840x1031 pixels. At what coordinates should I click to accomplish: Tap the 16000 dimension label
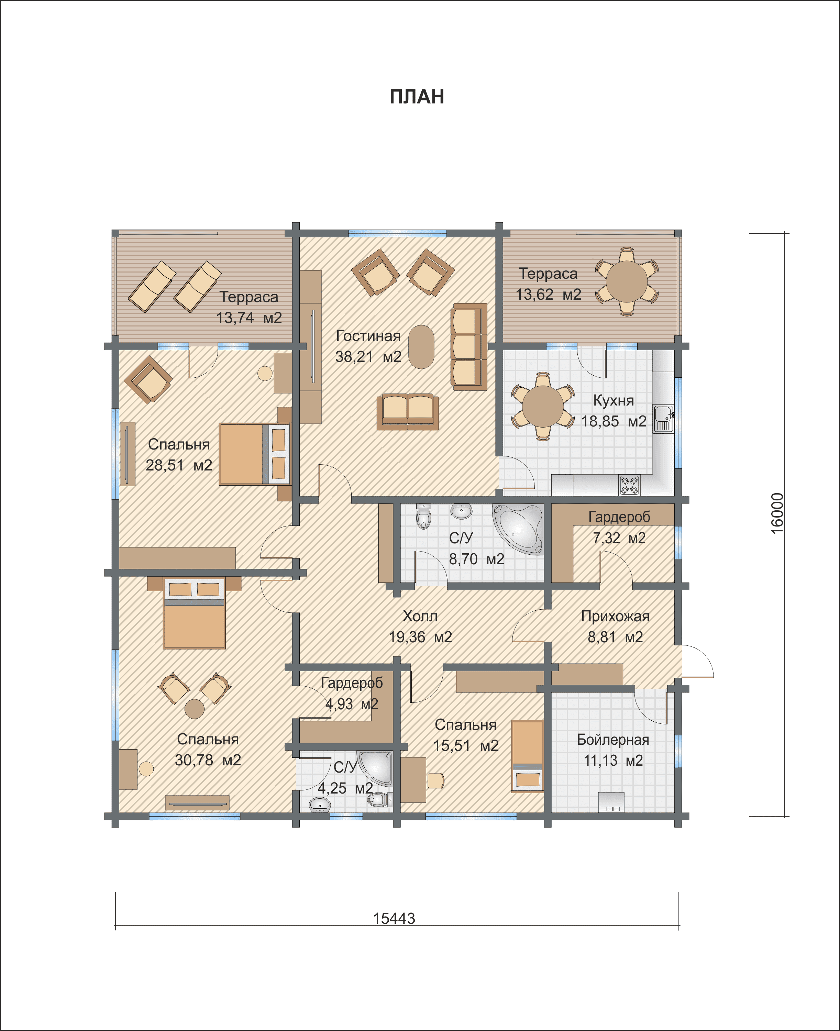pyautogui.click(x=777, y=513)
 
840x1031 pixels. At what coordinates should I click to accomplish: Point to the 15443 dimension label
pyautogui.click(x=394, y=918)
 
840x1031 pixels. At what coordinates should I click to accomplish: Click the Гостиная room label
pyautogui.click(x=368, y=336)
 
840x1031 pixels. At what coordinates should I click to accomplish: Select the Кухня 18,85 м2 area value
pyautogui.click(x=614, y=421)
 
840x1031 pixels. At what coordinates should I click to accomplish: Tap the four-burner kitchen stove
pyautogui.click(x=629, y=485)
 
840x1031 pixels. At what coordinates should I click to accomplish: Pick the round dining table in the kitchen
pyautogui.click(x=543, y=407)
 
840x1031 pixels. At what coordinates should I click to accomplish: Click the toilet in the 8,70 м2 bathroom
pyautogui.click(x=423, y=517)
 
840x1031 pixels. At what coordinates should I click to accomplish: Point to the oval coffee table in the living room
pyautogui.click(x=421, y=347)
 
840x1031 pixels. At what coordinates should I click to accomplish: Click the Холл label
pyautogui.click(x=420, y=617)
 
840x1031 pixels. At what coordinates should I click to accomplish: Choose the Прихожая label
pyautogui.click(x=615, y=617)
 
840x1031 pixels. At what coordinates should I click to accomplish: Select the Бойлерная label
pyautogui.click(x=613, y=740)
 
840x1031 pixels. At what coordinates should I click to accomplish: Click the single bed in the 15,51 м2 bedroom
pyautogui.click(x=528, y=756)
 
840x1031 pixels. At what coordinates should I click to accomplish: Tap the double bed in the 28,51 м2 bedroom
pyautogui.click(x=255, y=454)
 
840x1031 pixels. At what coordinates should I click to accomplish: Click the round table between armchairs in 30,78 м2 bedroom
pyautogui.click(x=195, y=709)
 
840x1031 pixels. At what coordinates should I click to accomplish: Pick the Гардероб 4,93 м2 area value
pyautogui.click(x=352, y=704)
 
